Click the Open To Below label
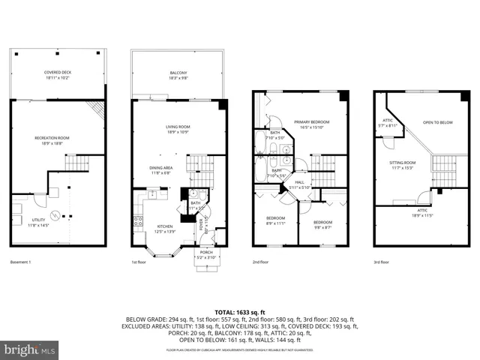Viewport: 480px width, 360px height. pos(437,122)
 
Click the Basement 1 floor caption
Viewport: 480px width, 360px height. pos(22,262)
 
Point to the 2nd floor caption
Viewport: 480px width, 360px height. pos(260,262)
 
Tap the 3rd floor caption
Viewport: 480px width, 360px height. pos(382,262)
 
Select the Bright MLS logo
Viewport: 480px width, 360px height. pos(30,349)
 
